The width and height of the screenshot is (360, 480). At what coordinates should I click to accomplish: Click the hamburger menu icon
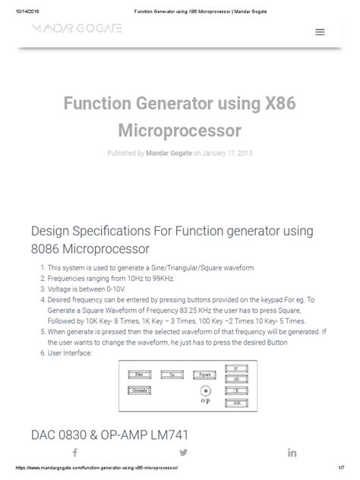click(x=320, y=32)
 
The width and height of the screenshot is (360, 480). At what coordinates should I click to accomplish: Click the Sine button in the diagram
click(x=139, y=374)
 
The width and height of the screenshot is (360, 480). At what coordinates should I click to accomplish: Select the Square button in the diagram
click(x=202, y=374)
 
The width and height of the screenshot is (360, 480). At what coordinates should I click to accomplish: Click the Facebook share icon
click(x=74, y=452)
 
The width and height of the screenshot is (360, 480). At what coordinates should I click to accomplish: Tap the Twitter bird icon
click(x=183, y=452)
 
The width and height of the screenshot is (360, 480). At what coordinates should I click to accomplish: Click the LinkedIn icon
click(x=292, y=452)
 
